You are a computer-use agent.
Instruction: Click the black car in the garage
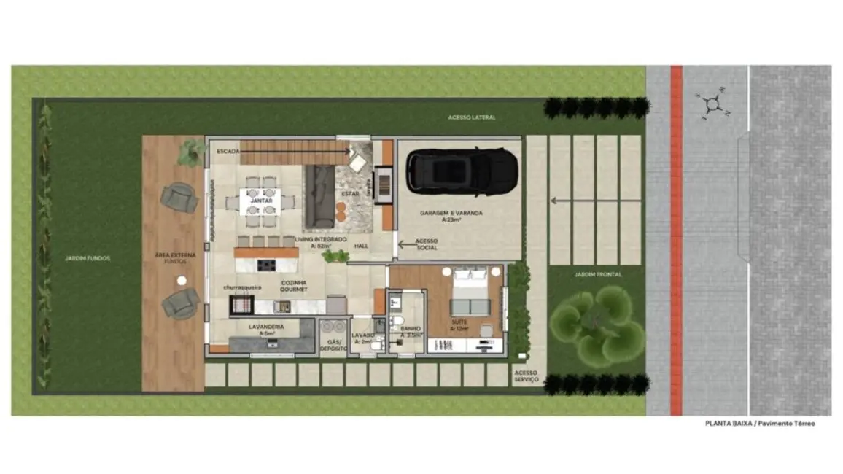click(x=462, y=173)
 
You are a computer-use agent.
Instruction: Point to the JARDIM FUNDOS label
click(x=87, y=257)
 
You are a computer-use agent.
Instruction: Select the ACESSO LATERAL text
click(x=472, y=117)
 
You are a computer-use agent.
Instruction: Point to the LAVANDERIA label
click(x=265, y=327)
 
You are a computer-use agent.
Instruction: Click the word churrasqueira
click(x=243, y=287)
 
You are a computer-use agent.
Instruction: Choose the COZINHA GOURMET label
click(x=293, y=286)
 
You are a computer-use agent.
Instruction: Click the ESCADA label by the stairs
click(x=228, y=151)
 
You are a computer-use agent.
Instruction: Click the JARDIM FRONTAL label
click(x=597, y=274)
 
